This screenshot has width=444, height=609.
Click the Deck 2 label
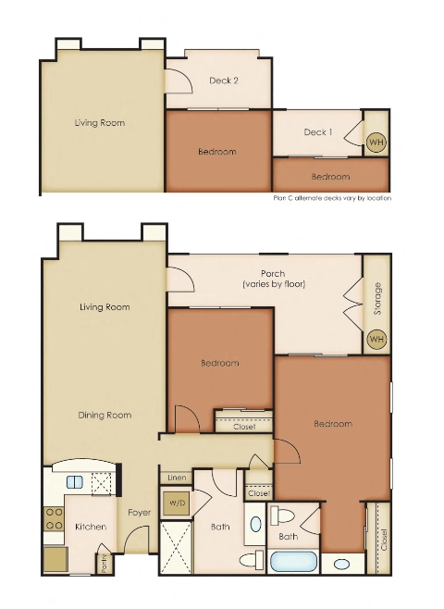pyautogui.click(x=224, y=81)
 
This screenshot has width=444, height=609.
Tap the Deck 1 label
pyautogui.click(x=317, y=132)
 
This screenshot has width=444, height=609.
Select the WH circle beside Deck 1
pyautogui.click(x=376, y=143)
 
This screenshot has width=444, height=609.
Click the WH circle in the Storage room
pyautogui.click(x=376, y=340)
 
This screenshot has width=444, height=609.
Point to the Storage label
pyautogui.click(x=376, y=299)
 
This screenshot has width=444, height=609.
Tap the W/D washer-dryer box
pyautogui.click(x=176, y=503)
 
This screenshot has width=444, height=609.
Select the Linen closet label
pyautogui.click(x=177, y=478)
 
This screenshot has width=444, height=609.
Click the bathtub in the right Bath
pyautogui.click(x=292, y=562)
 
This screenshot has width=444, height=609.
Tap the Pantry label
pyautogui.click(x=105, y=561)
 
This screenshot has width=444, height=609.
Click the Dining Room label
pyautogui.click(x=105, y=416)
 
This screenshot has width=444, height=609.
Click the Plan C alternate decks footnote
pyautogui.click(x=332, y=198)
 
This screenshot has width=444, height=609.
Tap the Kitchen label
pyautogui.click(x=91, y=527)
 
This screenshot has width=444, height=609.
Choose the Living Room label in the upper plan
pyautogui.click(x=100, y=122)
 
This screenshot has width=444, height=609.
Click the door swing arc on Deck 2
pyautogui.click(x=179, y=81)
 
